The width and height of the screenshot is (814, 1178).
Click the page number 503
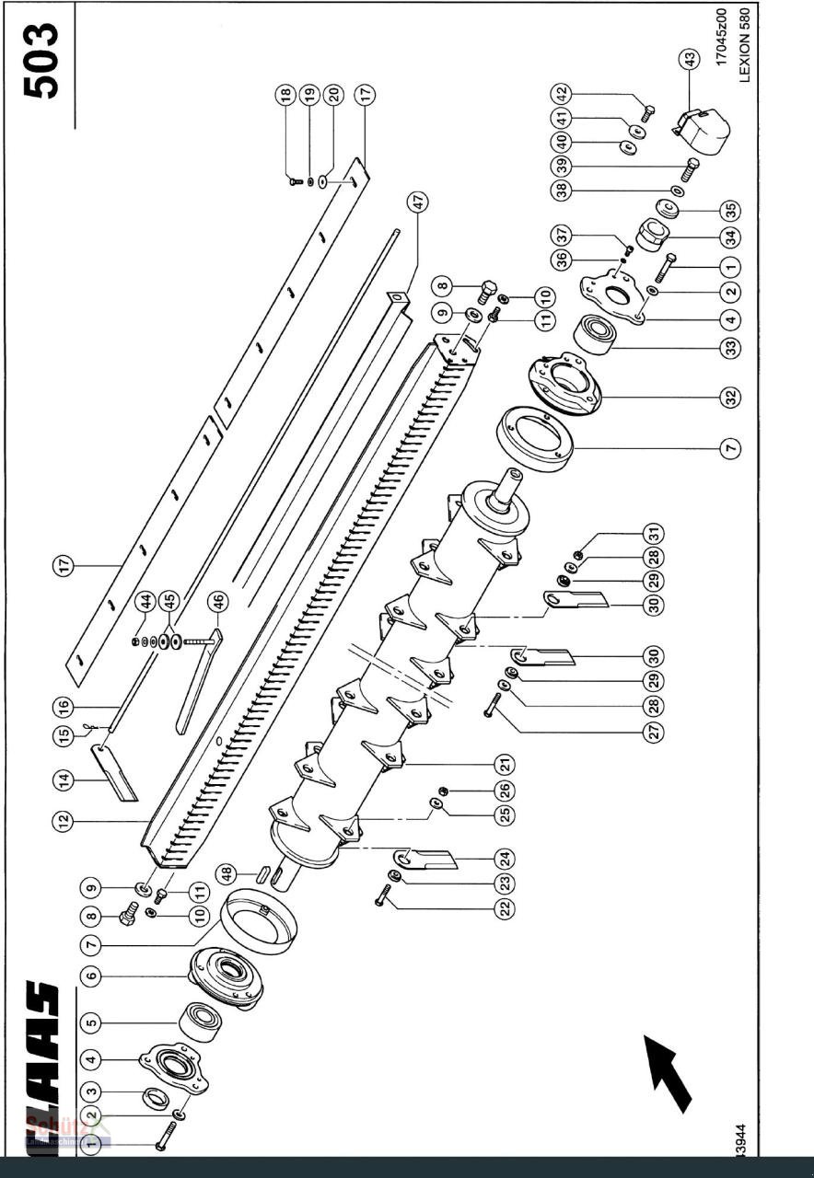click(x=41, y=61)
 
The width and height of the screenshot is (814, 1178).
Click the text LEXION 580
click(x=744, y=45)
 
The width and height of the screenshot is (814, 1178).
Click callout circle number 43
click(x=688, y=61)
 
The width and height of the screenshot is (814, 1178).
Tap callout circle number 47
click(x=420, y=203)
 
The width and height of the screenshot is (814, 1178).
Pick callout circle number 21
click(x=504, y=764)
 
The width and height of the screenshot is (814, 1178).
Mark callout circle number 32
click(x=730, y=398)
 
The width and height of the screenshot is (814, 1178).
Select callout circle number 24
click(x=504, y=860)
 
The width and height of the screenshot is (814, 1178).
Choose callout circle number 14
click(x=64, y=780)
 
